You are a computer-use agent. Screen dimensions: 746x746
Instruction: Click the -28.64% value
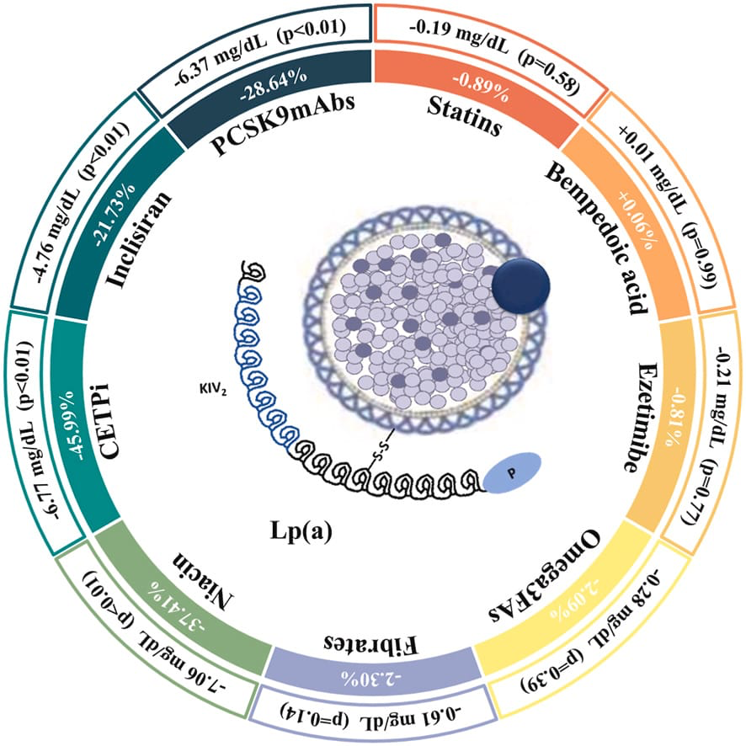pos(269,92)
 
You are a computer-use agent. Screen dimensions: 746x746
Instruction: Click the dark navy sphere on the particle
pos(520,285)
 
